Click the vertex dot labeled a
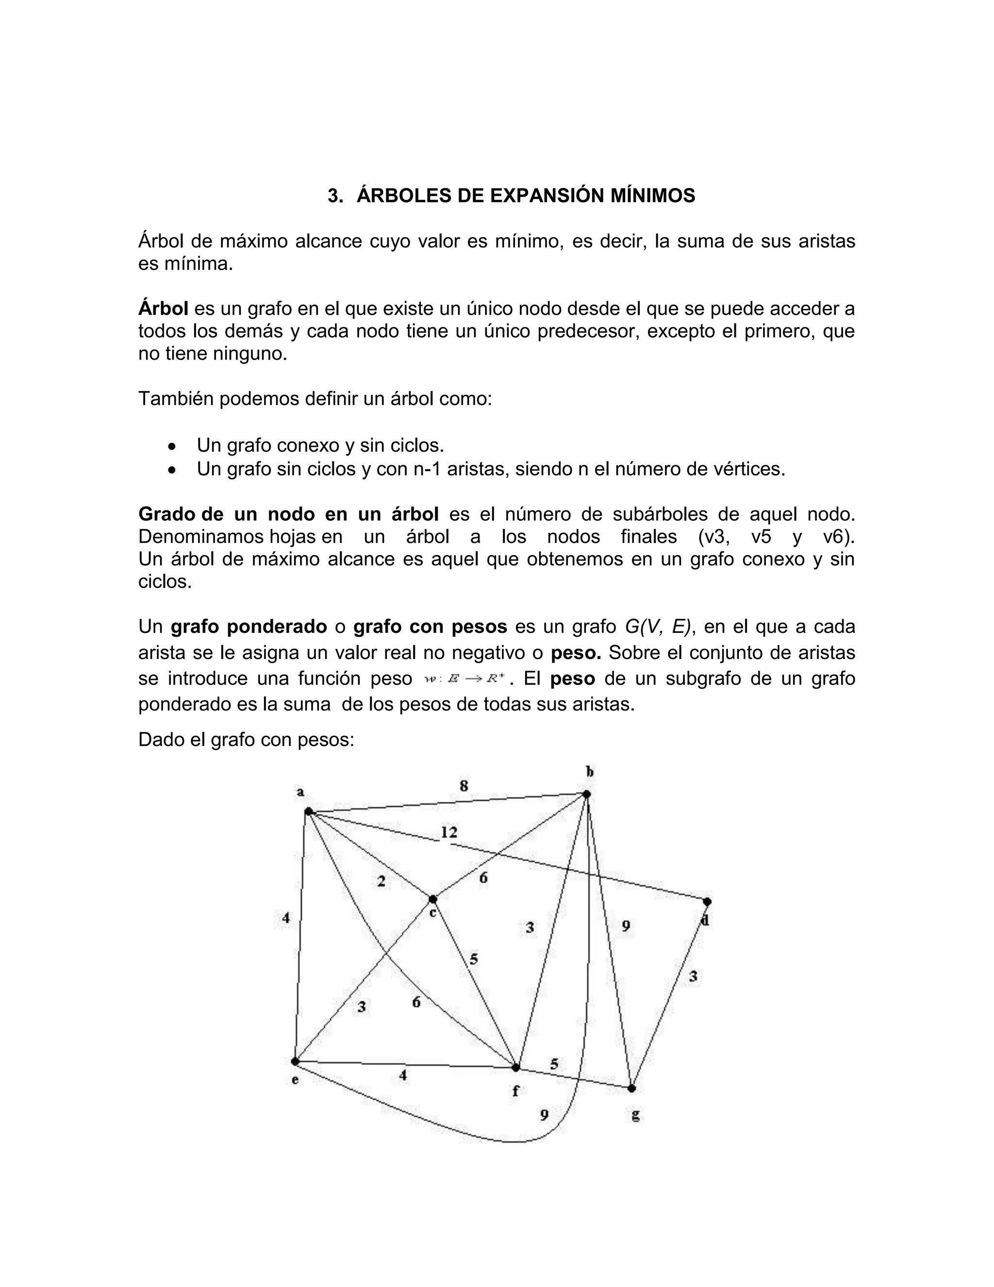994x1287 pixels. point(308,812)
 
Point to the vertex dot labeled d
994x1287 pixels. point(707,901)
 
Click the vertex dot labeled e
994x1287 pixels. point(295,1061)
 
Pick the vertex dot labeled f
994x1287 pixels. point(516,1067)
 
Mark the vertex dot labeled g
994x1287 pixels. point(632,1088)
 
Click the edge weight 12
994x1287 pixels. point(449,832)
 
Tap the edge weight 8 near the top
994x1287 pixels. point(464,785)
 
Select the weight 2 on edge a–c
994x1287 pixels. point(381,881)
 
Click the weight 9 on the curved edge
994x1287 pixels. point(544,1115)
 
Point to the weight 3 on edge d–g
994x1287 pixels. point(693,977)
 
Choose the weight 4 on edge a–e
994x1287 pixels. point(285,917)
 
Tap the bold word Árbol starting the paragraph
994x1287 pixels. point(163,308)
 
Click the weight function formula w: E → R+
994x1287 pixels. point(464,679)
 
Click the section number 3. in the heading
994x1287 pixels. point(335,196)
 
